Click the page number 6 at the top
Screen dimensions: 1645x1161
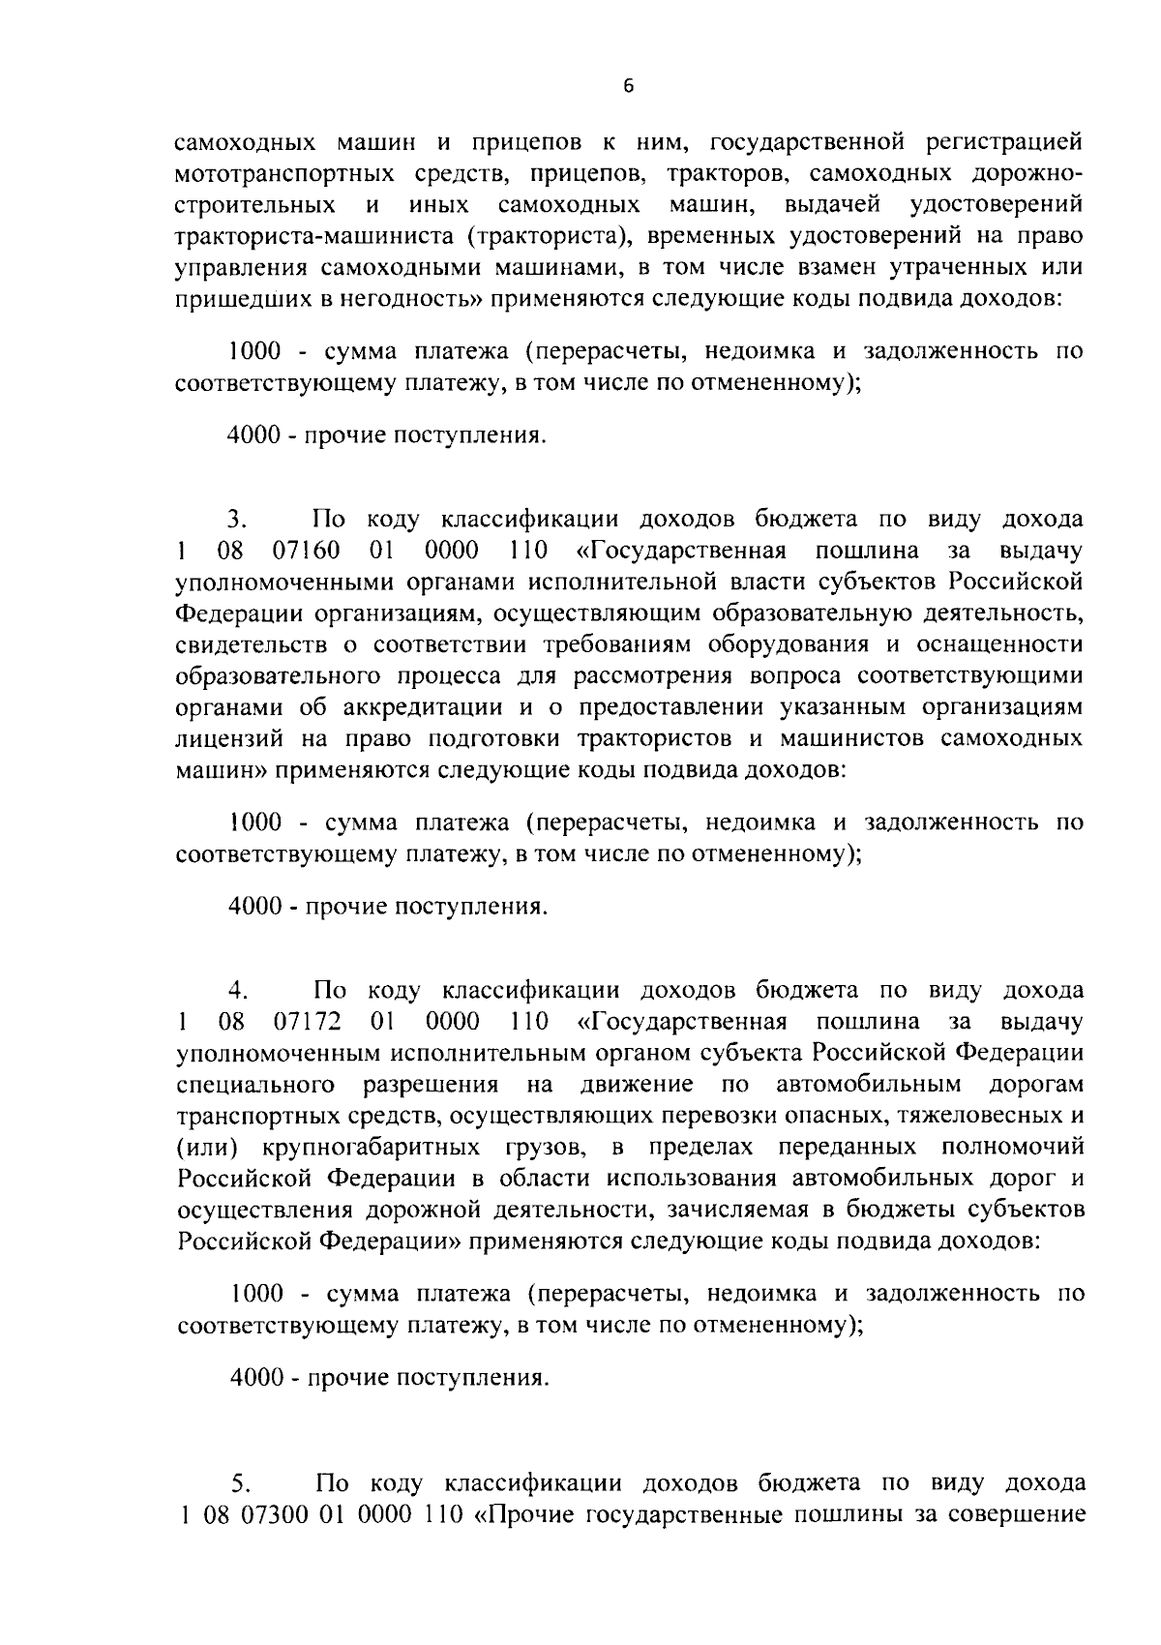pyautogui.click(x=628, y=86)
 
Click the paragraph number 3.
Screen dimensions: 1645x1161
pyautogui.click(x=239, y=521)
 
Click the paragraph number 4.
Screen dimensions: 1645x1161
pyautogui.click(x=239, y=991)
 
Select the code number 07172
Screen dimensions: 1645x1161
pyautogui.click(x=307, y=1022)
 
